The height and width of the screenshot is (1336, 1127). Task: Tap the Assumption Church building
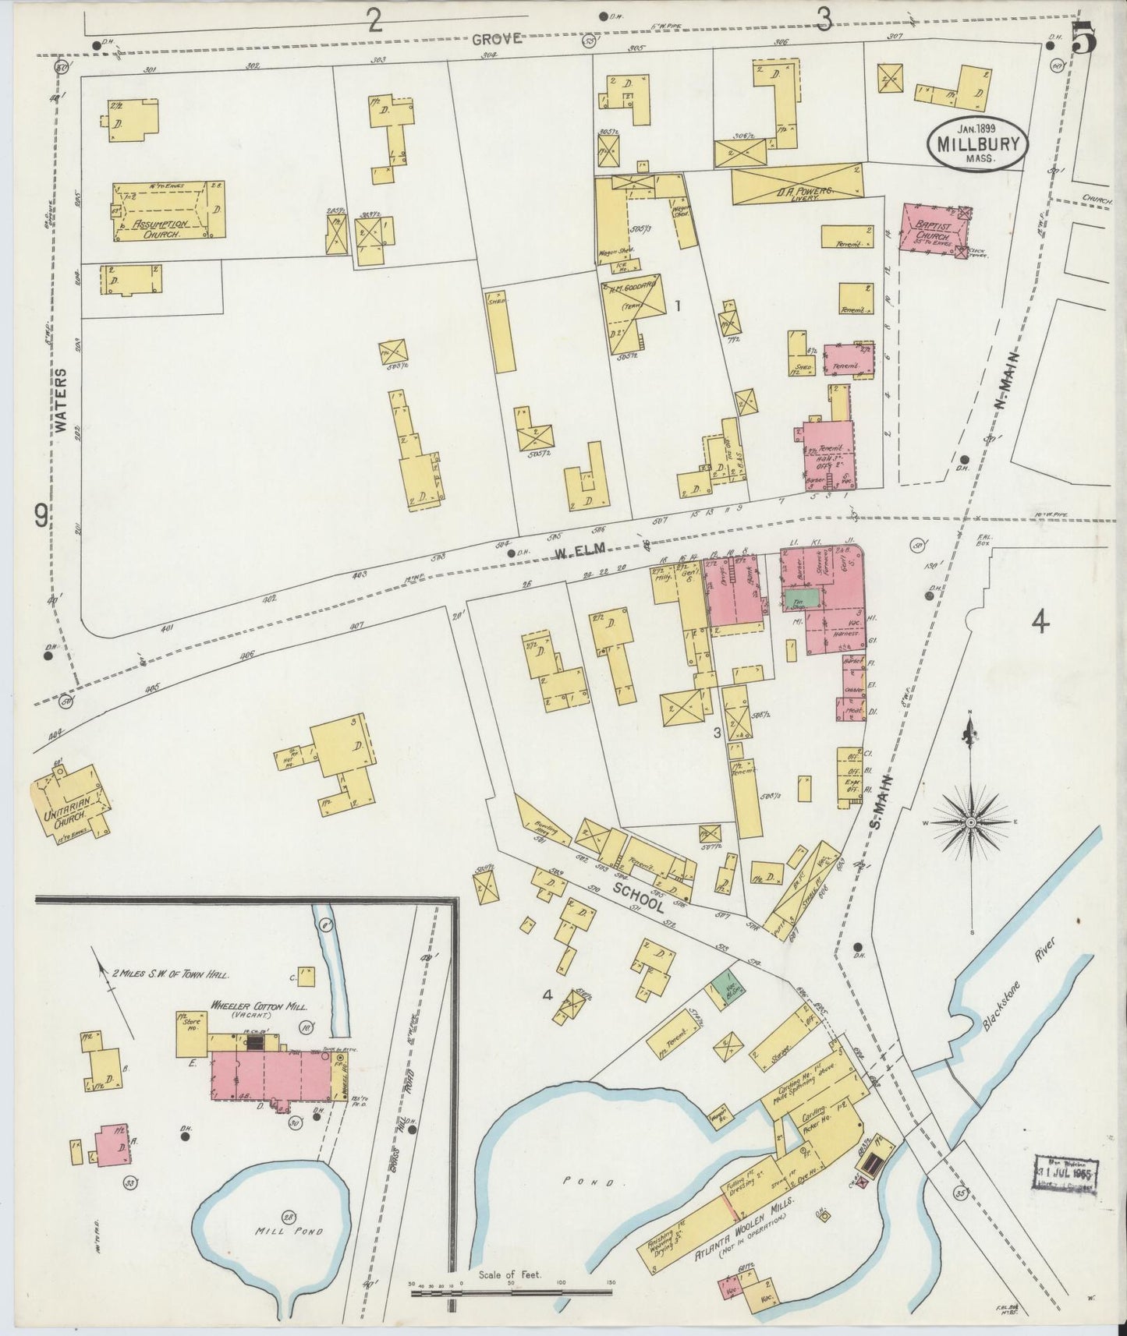[x=168, y=211]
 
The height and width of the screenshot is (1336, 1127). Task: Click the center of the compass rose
[x=971, y=822]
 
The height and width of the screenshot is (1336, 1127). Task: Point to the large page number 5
[x=1084, y=37]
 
